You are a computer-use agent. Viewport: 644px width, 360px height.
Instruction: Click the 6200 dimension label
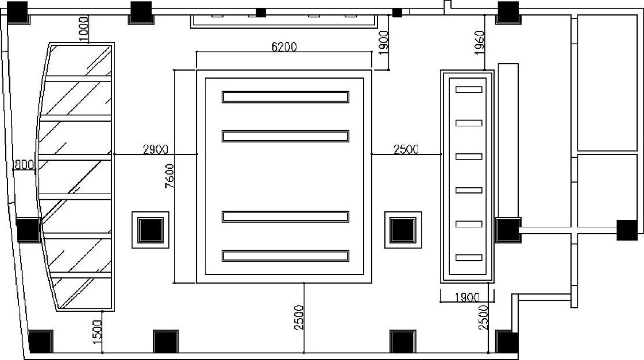click(284, 47)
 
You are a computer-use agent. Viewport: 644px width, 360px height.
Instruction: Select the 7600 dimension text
click(169, 176)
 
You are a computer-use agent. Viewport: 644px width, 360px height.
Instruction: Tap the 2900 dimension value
click(156, 149)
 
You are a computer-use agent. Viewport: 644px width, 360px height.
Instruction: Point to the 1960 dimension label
click(479, 42)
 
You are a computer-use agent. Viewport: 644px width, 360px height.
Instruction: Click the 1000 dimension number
click(83, 29)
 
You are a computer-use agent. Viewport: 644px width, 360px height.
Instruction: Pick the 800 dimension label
click(24, 165)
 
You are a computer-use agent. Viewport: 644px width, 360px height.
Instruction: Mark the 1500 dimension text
click(97, 332)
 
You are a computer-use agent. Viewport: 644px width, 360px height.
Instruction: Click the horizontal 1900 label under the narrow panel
click(468, 297)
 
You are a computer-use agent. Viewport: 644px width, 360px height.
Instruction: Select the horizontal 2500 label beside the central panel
click(406, 149)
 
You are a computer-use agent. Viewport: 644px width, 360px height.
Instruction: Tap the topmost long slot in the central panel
click(286, 97)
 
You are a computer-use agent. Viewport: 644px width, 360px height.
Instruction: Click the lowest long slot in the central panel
click(286, 256)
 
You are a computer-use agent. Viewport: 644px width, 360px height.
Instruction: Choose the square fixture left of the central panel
click(151, 230)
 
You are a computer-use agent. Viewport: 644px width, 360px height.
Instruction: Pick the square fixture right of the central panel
click(403, 230)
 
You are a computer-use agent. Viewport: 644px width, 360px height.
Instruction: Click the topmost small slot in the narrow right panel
click(469, 90)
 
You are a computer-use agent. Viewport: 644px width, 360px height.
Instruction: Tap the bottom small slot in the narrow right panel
click(469, 258)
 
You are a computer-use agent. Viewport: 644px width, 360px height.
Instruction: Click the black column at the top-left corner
click(17, 12)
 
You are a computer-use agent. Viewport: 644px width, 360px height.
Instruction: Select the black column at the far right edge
click(627, 230)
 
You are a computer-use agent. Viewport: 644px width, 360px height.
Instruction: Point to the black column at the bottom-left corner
click(41, 342)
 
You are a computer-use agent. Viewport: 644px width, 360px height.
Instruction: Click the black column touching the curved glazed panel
click(28, 230)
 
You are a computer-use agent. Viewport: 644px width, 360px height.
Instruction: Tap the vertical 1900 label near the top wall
click(383, 42)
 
